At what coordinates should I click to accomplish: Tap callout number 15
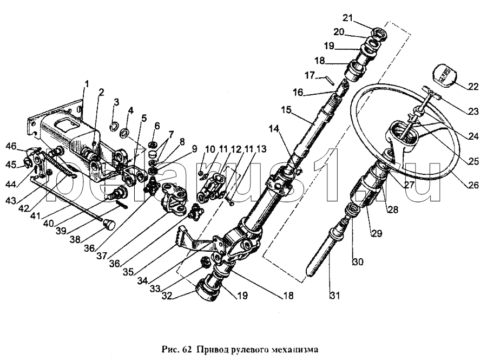(286, 110)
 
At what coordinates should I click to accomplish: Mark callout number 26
(473, 185)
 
